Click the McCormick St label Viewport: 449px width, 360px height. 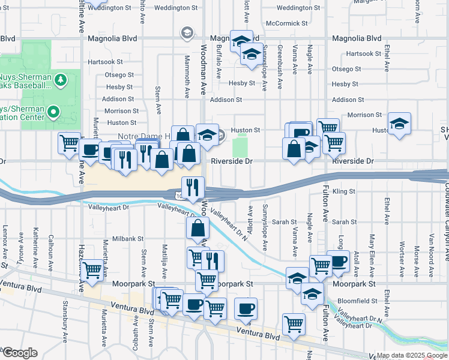click(287, 23)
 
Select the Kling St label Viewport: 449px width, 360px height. click(345, 191)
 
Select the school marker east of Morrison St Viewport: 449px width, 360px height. click(399, 124)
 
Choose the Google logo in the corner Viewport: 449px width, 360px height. click(20, 352)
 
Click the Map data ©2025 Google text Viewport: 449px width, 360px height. click(412, 355)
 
